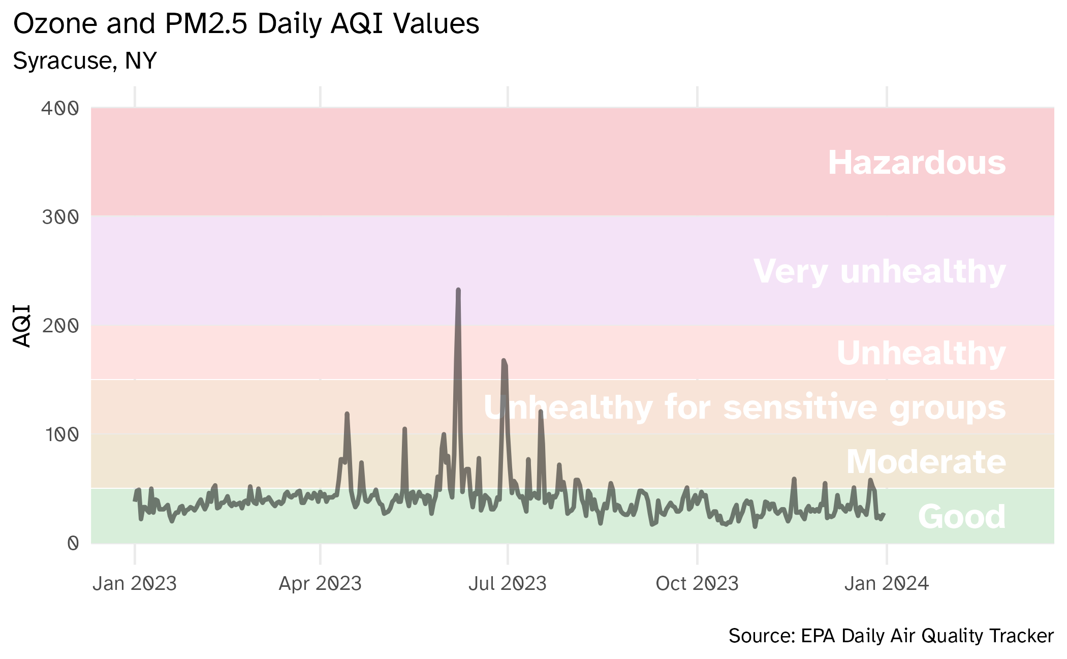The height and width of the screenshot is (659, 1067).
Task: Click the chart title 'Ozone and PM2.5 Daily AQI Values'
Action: pos(246,24)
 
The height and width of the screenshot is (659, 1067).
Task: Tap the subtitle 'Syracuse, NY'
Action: pos(85,61)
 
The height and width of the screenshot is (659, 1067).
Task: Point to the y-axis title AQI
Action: pos(22,326)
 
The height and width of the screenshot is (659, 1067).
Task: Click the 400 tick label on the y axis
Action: pos(60,108)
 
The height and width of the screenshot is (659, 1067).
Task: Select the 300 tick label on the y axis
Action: pos(60,217)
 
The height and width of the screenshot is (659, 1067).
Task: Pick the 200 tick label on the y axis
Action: pos(60,326)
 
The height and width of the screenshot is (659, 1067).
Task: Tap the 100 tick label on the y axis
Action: pos(61,434)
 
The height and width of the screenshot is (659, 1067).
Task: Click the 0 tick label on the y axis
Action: pos(73,543)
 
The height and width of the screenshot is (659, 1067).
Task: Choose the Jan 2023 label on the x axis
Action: pos(135,583)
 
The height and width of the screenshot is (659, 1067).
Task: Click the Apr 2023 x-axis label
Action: pos(320,583)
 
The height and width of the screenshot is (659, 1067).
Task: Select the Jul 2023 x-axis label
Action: pos(508,583)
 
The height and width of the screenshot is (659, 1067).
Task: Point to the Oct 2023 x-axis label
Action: pos(697,583)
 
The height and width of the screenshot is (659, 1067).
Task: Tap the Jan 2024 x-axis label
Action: pos(887,583)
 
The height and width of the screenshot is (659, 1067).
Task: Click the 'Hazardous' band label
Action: pos(917,163)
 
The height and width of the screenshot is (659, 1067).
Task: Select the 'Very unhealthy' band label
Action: pos(880,272)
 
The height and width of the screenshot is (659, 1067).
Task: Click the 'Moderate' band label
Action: pos(926,462)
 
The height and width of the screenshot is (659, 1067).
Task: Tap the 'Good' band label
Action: pos(962,517)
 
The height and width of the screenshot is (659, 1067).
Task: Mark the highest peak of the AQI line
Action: pos(458,290)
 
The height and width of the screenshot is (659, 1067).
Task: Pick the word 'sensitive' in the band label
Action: pos(800,407)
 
